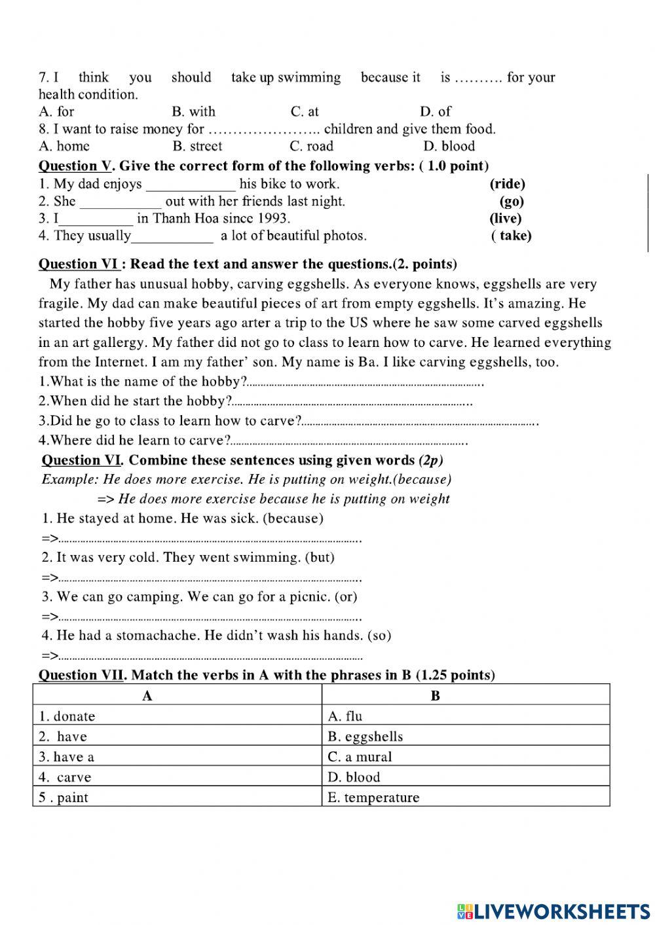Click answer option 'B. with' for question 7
click(193, 112)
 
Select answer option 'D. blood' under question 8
click(449, 147)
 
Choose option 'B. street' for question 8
click(197, 147)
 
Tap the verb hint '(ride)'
click(507, 185)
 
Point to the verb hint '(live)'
click(505, 219)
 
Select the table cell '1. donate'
click(67, 716)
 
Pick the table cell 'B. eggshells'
click(365, 736)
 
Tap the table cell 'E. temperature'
click(373, 797)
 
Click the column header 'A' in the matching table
click(147, 696)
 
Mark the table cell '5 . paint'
click(64, 797)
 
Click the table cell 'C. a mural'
click(360, 757)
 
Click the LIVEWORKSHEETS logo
click(553, 911)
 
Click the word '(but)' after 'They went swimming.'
click(320, 558)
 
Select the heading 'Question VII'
click(81, 675)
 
